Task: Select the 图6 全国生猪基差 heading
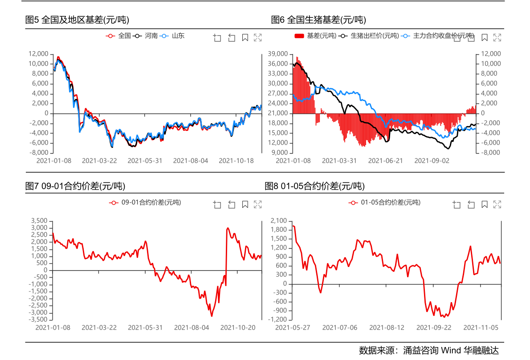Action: (318, 20)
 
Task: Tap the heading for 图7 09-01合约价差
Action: (75, 186)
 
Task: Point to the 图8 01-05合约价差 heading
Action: (314, 186)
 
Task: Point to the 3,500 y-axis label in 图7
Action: (39, 221)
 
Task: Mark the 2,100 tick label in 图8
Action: (278, 221)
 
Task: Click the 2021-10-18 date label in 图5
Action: (236, 161)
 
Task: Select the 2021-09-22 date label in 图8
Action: (433, 328)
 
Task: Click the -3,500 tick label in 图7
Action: (38, 319)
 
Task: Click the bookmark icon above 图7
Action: (245, 205)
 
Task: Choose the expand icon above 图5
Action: (257, 38)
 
